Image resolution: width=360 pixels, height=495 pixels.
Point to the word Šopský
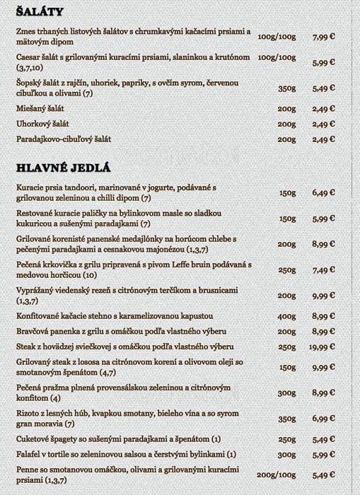click(x=28, y=84)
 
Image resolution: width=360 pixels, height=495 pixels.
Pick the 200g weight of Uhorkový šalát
click(x=286, y=124)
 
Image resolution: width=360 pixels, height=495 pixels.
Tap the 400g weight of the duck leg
click(x=286, y=316)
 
